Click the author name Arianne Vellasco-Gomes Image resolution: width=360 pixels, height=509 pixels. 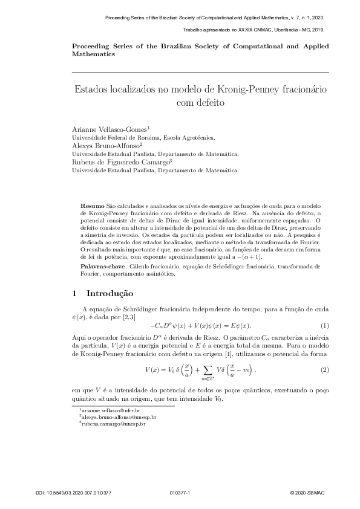click(110, 129)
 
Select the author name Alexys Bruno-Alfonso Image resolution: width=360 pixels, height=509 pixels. click(106, 146)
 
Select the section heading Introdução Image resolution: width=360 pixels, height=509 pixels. click(110, 294)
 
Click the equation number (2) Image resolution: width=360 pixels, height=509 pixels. click(324, 369)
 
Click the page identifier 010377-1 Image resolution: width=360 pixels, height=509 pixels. click(180, 493)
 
